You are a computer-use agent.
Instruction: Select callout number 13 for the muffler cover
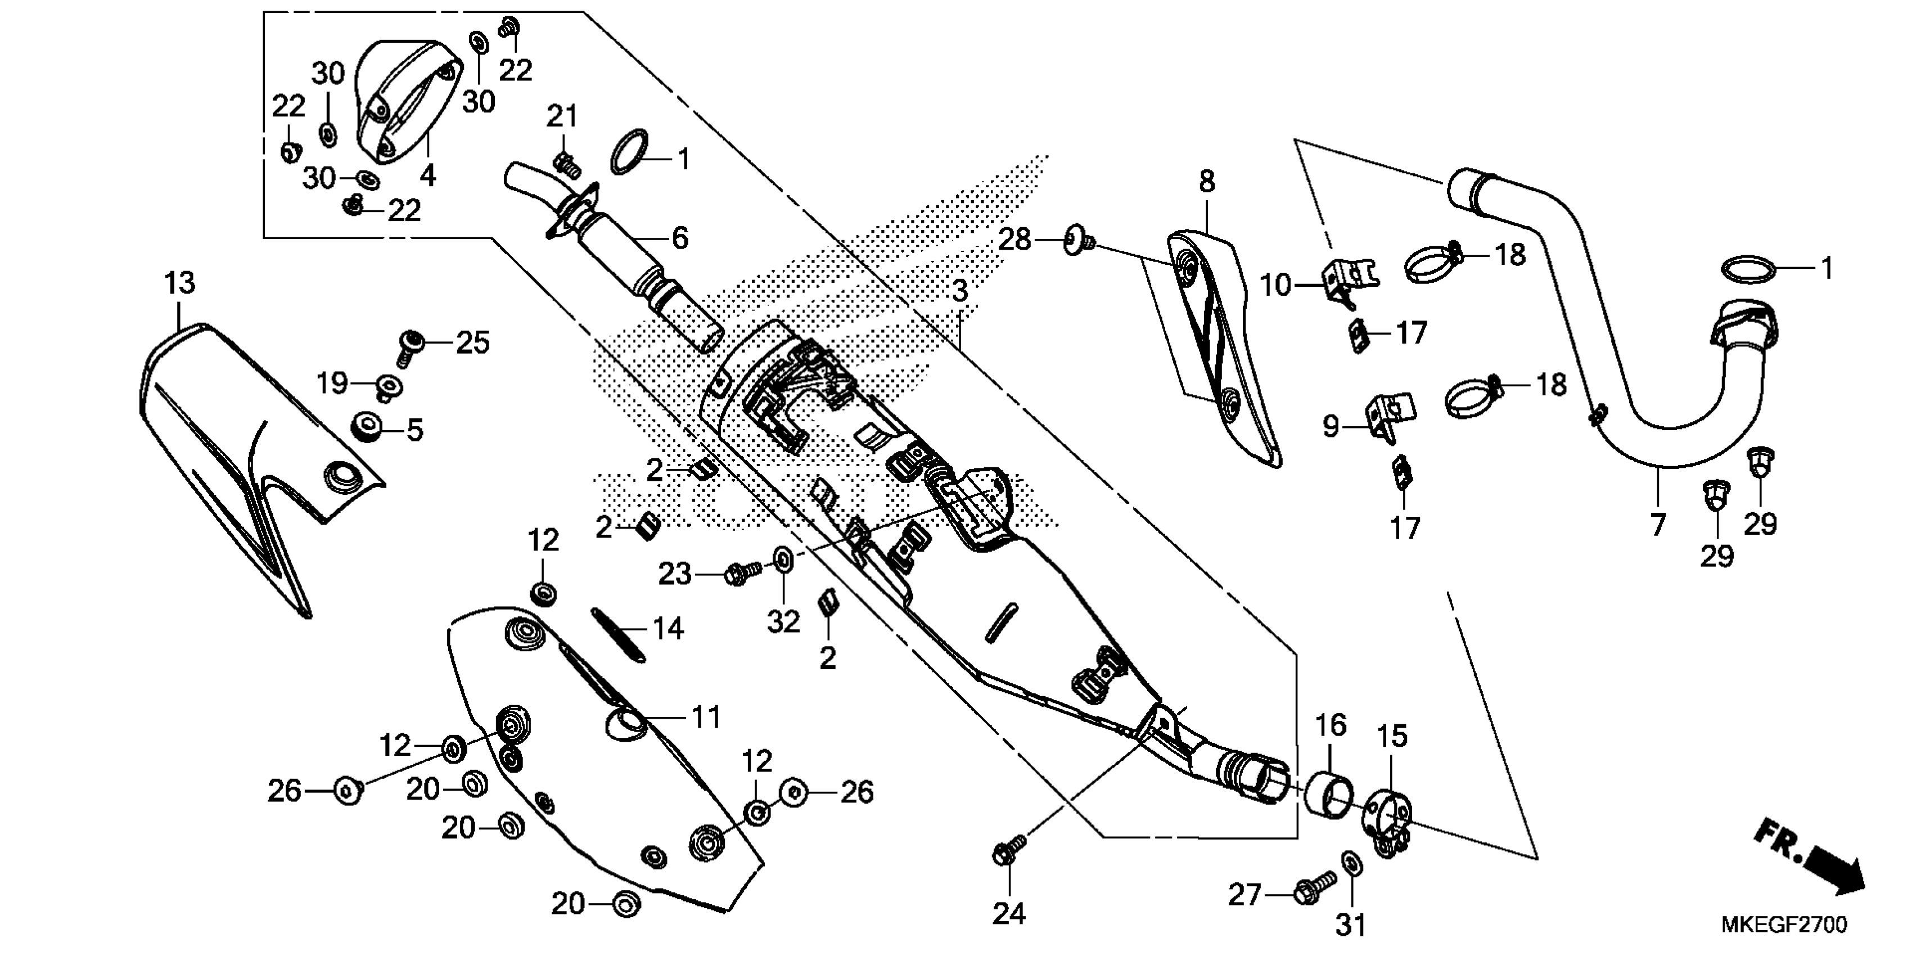tap(179, 283)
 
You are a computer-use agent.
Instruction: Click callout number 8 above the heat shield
tap(1207, 181)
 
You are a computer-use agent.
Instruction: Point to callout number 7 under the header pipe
tap(1658, 524)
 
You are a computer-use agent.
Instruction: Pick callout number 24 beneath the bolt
tap(1009, 913)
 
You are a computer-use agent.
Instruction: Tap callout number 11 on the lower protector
tap(705, 717)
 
